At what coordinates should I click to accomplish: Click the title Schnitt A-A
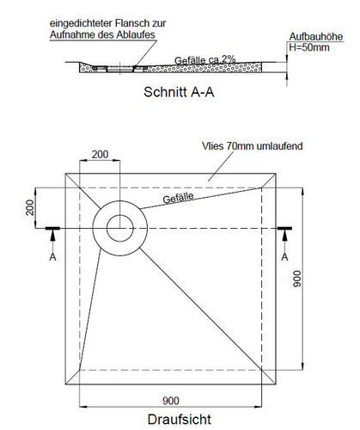click(179, 92)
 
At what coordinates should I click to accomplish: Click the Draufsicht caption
click(180, 420)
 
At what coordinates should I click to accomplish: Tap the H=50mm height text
click(309, 47)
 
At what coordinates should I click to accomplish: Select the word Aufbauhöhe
click(316, 36)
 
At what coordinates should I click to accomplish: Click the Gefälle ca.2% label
click(205, 60)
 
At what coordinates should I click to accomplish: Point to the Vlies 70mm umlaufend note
click(253, 146)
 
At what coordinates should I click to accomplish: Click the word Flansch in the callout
click(132, 23)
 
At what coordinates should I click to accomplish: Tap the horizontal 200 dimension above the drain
click(100, 155)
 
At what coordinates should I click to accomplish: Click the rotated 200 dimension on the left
click(30, 207)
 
